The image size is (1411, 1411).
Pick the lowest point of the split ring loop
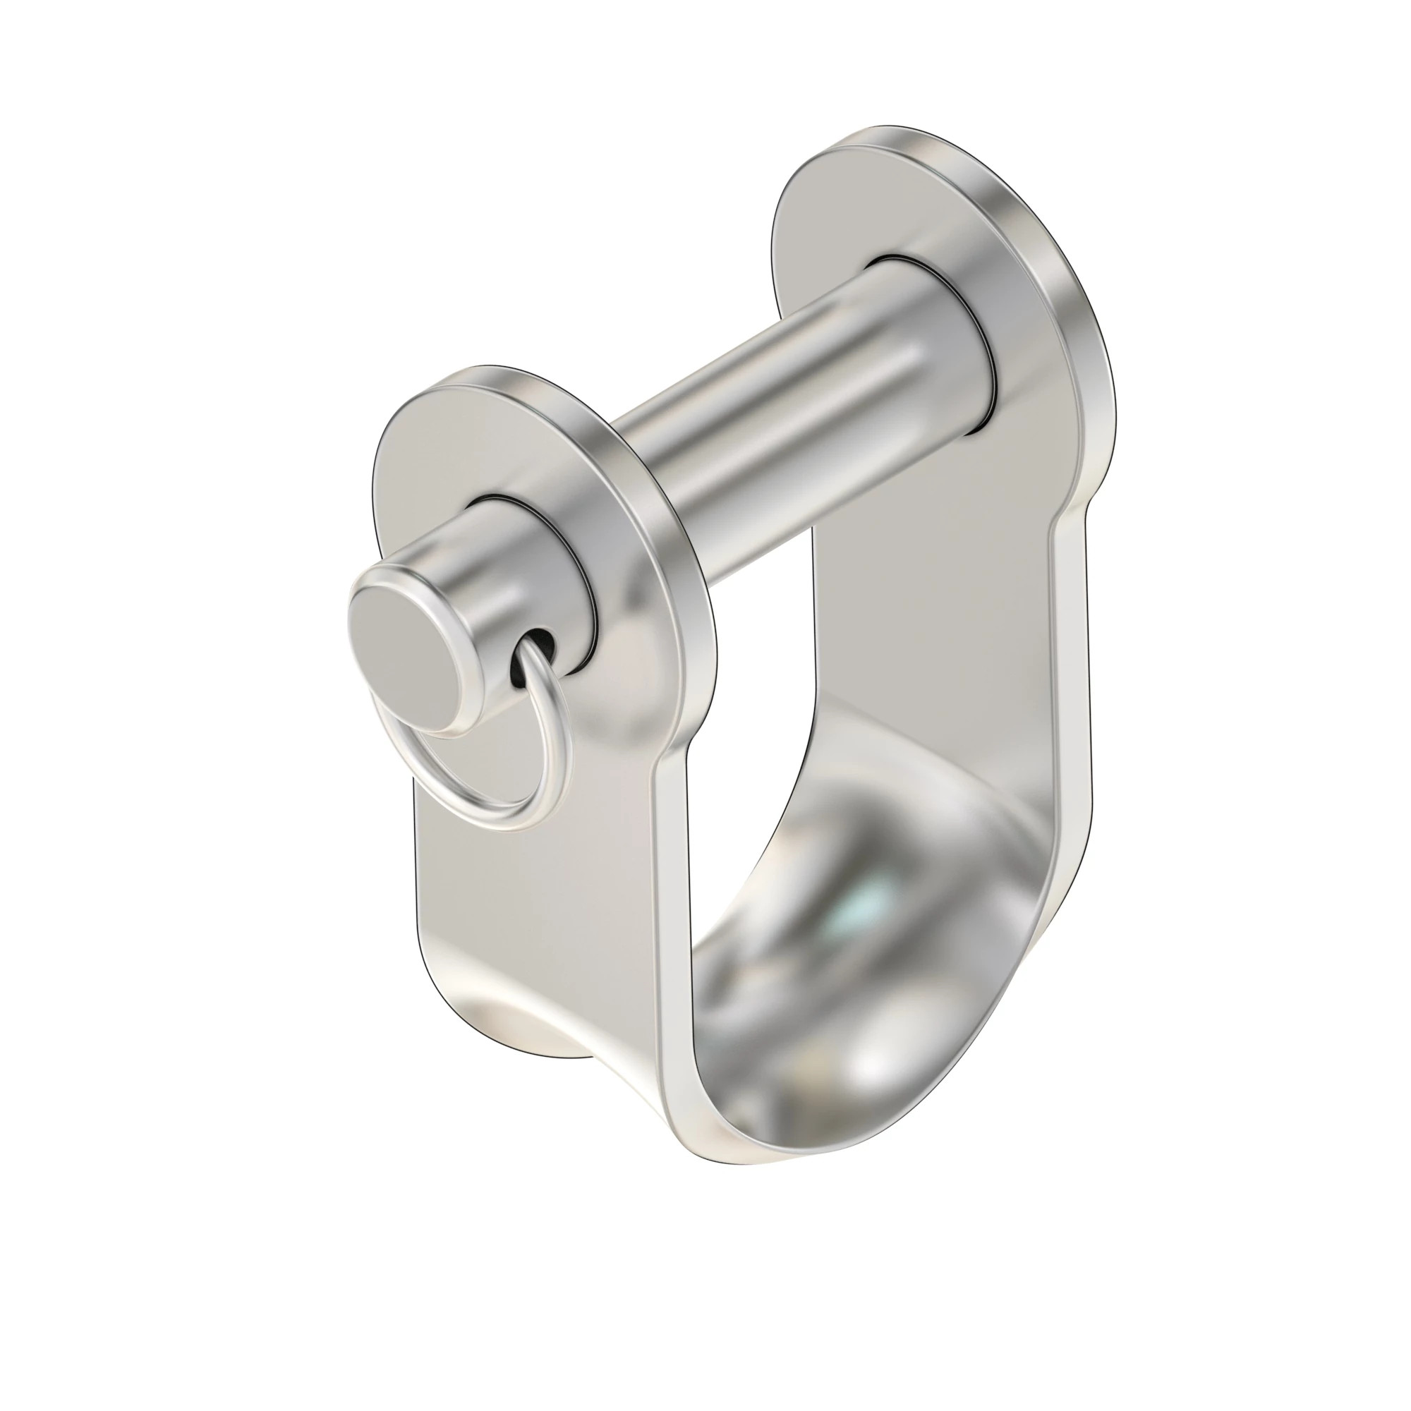click(x=504, y=828)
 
